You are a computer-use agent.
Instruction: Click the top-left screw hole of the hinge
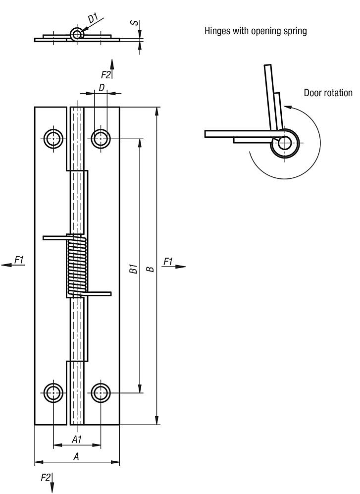pos(53,139)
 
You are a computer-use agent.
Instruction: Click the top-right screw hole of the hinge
pos(101,139)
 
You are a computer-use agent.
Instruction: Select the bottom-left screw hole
pos(53,393)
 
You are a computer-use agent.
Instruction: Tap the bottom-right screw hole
pos(101,393)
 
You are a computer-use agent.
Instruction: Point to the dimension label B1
pos(133,270)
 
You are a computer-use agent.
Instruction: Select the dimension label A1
pos(76,439)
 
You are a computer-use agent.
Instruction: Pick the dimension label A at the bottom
pos(76,457)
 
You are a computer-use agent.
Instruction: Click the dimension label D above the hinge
pos(101,87)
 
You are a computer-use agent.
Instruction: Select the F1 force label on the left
pos(19,259)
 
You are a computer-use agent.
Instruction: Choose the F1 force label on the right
pos(168,261)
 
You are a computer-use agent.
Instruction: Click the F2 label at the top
pos(105,75)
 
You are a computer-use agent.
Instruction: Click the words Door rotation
pos(328,93)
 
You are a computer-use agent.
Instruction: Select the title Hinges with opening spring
pos(256,31)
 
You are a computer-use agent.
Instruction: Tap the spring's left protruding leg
pos(54,238)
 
